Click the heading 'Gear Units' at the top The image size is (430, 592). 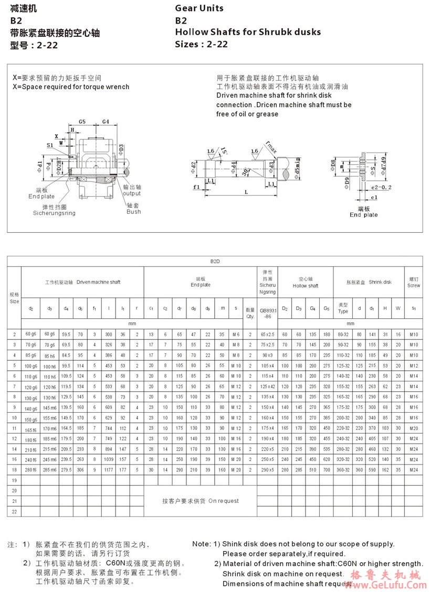pos(199,8)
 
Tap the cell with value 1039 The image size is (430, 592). pos(109,459)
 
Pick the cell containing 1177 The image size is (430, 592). pos(109,469)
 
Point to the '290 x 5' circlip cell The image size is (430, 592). pos(267,469)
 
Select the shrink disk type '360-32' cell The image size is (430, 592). pos(343,469)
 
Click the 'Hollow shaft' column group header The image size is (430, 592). pos(305,282)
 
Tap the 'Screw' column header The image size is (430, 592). pos(414,282)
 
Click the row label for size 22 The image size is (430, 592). pos(14,511)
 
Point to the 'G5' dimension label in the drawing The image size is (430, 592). pos(82,121)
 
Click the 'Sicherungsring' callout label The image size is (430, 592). pos(54,213)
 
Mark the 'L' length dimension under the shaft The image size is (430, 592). pos(246,192)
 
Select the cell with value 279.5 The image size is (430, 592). pos(66,469)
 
